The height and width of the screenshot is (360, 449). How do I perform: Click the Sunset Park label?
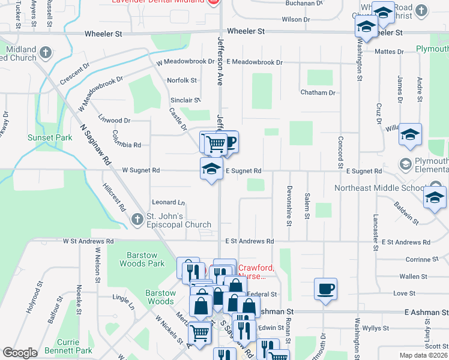click(50, 137)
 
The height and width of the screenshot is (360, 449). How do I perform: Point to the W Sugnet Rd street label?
click(141, 170)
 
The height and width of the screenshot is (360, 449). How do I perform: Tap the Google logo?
click(19, 353)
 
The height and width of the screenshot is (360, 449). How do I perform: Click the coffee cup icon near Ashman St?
click(325, 289)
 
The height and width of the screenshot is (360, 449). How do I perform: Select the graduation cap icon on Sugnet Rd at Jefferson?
click(211, 170)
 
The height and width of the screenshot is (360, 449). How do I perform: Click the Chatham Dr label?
click(318, 93)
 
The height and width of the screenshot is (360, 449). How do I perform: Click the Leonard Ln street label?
click(168, 203)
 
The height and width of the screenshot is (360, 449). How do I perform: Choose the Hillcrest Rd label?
click(114, 197)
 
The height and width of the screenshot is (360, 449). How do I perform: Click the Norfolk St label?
click(182, 80)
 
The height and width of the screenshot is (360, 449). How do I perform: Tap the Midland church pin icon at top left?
click(45, 53)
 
